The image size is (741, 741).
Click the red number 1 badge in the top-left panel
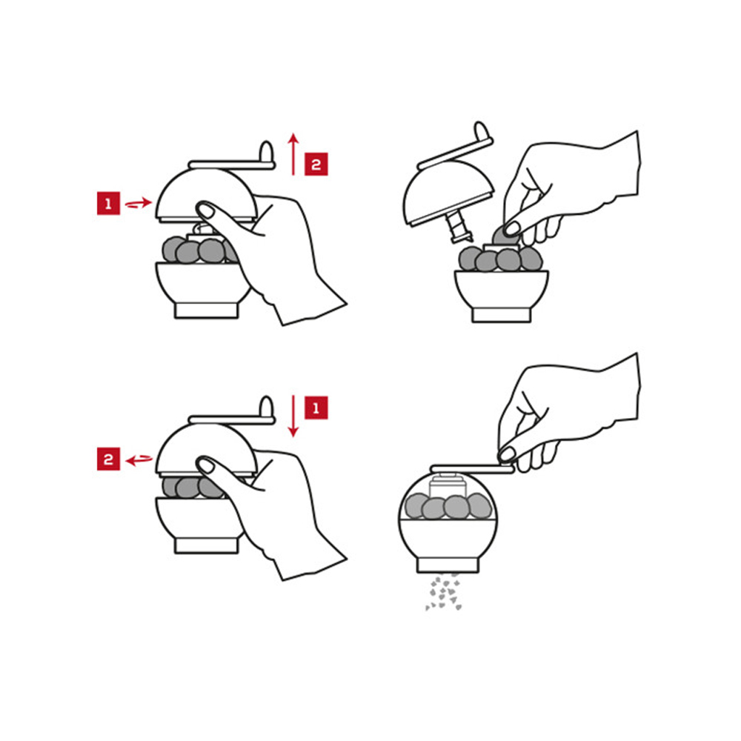coord(108,203)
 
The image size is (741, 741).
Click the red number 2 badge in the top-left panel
coord(316,164)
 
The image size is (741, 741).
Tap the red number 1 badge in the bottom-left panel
coord(316,408)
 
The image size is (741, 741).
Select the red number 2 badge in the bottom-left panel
coord(108,459)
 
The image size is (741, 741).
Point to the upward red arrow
coord(293,154)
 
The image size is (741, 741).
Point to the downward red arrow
coord(293,416)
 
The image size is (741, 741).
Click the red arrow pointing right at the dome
coord(139,204)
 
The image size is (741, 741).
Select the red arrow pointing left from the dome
coord(139,459)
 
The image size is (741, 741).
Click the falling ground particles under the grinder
coord(444,591)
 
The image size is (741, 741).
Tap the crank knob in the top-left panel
coord(267,151)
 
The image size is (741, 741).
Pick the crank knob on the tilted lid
coord(481,131)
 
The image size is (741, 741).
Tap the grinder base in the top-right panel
coord(502,315)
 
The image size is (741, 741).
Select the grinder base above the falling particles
coord(448,565)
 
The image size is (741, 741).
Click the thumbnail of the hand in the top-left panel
coord(205,210)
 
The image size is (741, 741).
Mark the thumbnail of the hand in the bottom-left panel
coord(205,465)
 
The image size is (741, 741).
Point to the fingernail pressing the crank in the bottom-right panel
coord(507,455)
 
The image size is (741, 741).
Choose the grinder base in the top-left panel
coord(207,310)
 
